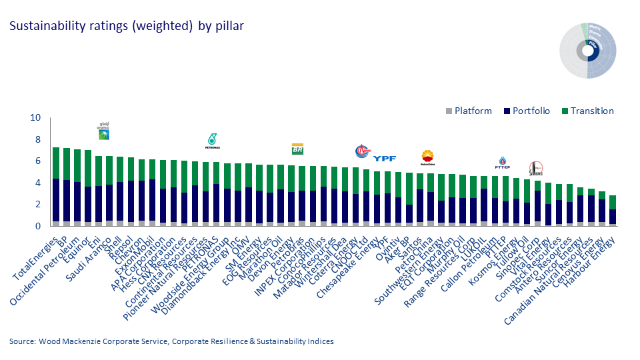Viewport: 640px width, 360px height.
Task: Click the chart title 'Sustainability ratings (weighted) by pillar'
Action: pos(126,27)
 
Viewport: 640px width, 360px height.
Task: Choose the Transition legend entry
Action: pos(584,111)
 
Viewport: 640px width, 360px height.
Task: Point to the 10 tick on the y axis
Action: pos(35,118)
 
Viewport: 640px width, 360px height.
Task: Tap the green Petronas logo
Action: pos(213,139)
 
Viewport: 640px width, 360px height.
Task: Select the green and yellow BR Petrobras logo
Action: pos(297,149)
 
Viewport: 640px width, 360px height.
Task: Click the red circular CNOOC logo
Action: pos(362,152)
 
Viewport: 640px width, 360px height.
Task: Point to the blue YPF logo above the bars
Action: pos(385,159)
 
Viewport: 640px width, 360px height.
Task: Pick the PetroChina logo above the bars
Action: pos(427,157)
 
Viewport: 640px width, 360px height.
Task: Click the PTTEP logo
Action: pos(503,162)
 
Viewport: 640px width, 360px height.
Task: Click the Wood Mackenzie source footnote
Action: pos(171,341)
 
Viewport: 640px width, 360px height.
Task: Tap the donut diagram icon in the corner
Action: pos(587,51)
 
